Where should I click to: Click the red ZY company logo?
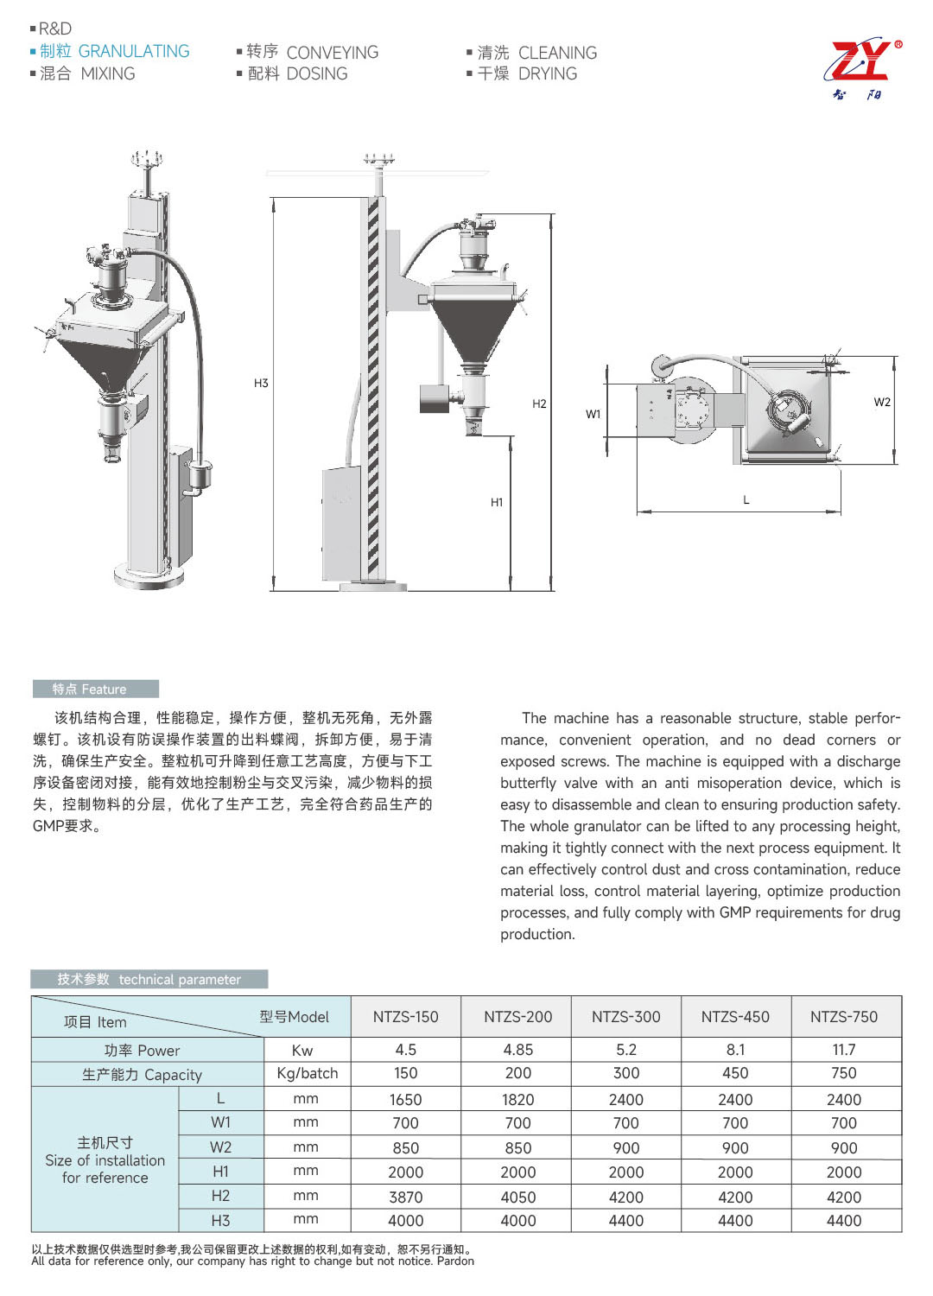tap(861, 62)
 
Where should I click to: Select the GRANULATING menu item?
tap(133, 52)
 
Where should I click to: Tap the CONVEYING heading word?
tap(332, 53)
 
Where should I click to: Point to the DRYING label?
tap(547, 74)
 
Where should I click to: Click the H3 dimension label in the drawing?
tap(261, 383)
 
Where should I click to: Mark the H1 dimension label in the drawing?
tap(497, 502)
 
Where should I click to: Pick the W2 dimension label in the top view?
tap(882, 402)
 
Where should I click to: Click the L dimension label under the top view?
tap(746, 499)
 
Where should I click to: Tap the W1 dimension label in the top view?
tap(593, 414)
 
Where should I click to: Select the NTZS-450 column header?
tap(735, 1017)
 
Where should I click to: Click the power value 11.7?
tap(843, 1050)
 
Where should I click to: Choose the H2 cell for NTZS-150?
tap(405, 1197)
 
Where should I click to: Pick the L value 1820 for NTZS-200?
tap(517, 1099)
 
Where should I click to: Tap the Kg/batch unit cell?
tap(307, 1073)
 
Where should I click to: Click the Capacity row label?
tap(142, 1075)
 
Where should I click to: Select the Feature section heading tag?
tap(95, 689)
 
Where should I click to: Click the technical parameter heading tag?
tap(149, 979)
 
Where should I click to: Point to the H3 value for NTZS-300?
tap(625, 1221)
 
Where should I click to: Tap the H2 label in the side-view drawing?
tap(539, 403)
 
